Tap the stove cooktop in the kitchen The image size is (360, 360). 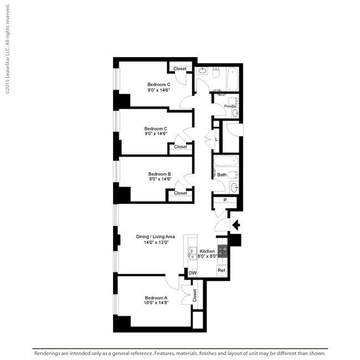pyautogui.click(x=223, y=251)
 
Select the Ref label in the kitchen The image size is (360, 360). pyautogui.click(x=221, y=270)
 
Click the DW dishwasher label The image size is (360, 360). pyautogui.click(x=192, y=273)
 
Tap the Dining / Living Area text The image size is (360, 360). pyautogui.click(x=156, y=236)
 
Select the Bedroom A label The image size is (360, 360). pyautogui.click(x=156, y=297)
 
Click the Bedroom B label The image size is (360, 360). pyautogui.click(x=160, y=174)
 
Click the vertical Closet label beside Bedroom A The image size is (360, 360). pyautogui.click(x=194, y=296)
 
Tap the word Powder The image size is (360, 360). pyautogui.click(x=230, y=106)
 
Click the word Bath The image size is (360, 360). pyautogui.click(x=222, y=175)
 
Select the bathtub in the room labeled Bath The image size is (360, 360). pyautogui.click(x=227, y=162)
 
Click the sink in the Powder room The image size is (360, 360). pyautogui.click(x=235, y=113)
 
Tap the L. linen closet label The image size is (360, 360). pyautogui.click(x=217, y=139)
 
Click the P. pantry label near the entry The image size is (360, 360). pyautogui.click(x=225, y=200)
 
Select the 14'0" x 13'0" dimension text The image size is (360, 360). pyautogui.click(x=156, y=242)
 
